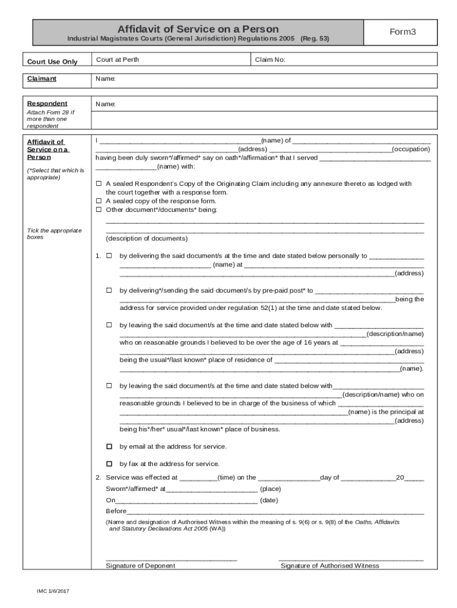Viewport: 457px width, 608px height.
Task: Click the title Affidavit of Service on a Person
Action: click(x=198, y=29)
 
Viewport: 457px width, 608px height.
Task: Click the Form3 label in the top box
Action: click(x=403, y=32)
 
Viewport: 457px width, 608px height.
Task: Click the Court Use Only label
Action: click(x=52, y=62)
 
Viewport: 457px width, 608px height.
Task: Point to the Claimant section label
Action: click(x=41, y=78)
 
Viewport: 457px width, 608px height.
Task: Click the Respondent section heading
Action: click(x=47, y=103)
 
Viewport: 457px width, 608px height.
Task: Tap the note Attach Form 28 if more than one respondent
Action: click(x=51, y=119)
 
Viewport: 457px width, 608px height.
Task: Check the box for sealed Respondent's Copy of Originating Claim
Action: click(x=99, y=184)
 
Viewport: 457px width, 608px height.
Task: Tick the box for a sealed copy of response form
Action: click(x=99, y=201)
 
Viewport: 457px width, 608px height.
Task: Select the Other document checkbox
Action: click(x=99, y=210)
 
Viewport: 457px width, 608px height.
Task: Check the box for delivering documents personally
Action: click(x=109, y=256)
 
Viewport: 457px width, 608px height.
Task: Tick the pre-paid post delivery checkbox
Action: click(x=109, y=290)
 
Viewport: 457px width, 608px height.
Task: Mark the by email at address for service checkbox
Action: click(x=109, y=446)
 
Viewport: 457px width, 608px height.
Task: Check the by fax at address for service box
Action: click(x=109, y=464)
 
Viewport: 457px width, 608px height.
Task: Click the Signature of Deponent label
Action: click(x=140, y=566)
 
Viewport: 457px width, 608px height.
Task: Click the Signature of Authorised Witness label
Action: click(x=329, y=566)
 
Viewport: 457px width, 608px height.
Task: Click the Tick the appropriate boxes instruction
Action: click(x=54, y=233)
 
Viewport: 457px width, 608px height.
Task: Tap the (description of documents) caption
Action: click(x=147, y=239)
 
